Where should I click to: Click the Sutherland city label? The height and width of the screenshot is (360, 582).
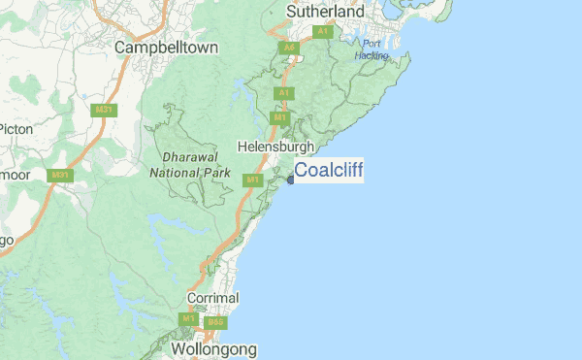[x=325, y=12]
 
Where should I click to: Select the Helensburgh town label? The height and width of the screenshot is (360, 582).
[x=276, y=147]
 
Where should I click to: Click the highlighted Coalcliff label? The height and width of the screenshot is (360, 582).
[x=329, y=170]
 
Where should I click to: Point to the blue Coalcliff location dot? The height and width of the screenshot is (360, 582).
[x=290, y=179]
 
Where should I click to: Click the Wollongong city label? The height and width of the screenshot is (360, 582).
[x=213, y=348]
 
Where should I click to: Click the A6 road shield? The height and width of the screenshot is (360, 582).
[x=288, y=47]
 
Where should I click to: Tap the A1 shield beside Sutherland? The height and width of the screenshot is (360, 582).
[x=323, y=32]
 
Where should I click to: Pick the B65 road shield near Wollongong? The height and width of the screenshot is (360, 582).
[x=215, y=322]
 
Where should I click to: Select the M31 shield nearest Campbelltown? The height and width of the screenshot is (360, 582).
[x=103, y=110]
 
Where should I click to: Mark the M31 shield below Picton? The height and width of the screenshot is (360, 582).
[x=61, y=176]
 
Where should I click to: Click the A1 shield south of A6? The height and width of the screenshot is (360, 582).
[x=283, y=93]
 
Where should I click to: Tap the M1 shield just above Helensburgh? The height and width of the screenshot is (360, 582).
[x=280, y=117]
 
